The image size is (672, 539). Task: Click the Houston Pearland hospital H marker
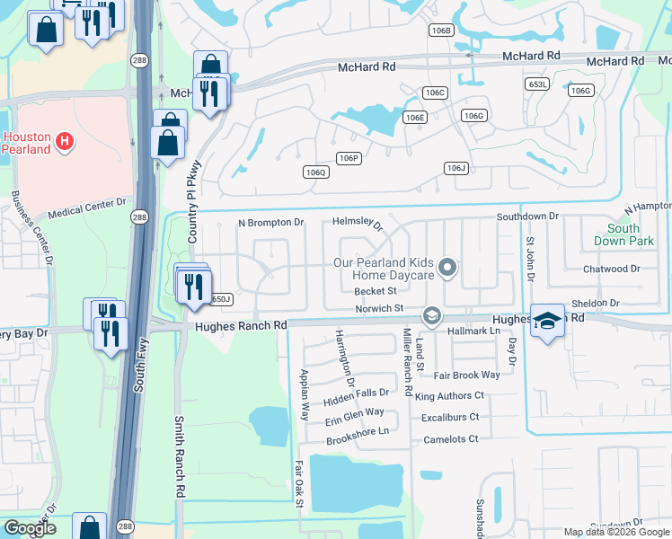click(64, 140)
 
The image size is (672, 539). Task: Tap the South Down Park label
click(616, 235)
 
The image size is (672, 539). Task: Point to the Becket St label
click(376, 291)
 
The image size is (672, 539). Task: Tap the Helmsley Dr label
click(358, 223)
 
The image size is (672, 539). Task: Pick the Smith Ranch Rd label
click(180, 457)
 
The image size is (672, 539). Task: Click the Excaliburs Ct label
click(450, 417)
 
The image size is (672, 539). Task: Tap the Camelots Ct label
click(449, 439)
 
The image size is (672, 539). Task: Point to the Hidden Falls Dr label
click(358, 393)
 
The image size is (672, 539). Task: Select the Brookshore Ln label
click(358, 431)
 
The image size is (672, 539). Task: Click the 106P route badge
click(349, 158)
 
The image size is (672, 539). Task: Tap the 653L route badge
click(537, 83)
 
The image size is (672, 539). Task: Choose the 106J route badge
click(456, 168)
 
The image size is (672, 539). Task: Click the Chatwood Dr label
click(611, 269)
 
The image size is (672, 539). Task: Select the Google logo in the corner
click(30, 528)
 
